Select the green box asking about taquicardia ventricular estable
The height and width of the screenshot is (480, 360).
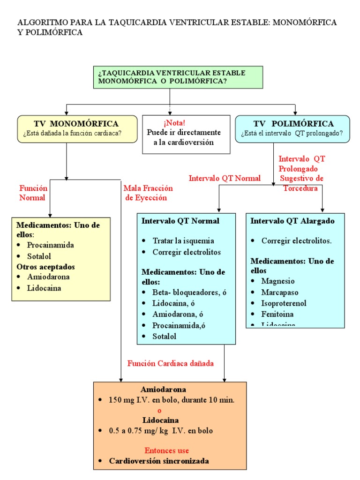[x=178, y=77]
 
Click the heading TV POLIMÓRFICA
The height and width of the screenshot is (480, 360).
[x=293, y=124]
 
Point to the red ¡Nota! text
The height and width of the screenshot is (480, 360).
[x=174, y=123]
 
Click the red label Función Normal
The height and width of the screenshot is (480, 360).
[x=33, y=193]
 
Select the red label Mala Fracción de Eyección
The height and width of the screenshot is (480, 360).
[x=148, y=193]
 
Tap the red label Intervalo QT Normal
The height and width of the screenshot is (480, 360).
[x=225, y=178]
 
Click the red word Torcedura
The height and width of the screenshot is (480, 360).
[x=300, y=188]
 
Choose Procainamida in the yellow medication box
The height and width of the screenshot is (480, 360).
[x=50, y=245]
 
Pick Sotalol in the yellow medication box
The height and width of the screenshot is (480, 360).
[x=39, y=256]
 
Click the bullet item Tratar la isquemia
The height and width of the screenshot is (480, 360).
[x=183, y=241]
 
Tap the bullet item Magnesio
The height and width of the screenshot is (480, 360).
[x=278, y=281]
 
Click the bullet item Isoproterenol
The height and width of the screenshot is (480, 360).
[x=284, y=303]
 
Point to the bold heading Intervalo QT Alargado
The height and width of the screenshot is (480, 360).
[x=292, y=221]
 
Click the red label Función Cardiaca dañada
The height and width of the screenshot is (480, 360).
[x=171, y=363]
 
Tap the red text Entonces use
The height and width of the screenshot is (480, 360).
[x=166, y=450]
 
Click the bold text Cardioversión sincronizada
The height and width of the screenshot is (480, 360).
[x=159, y=461]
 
